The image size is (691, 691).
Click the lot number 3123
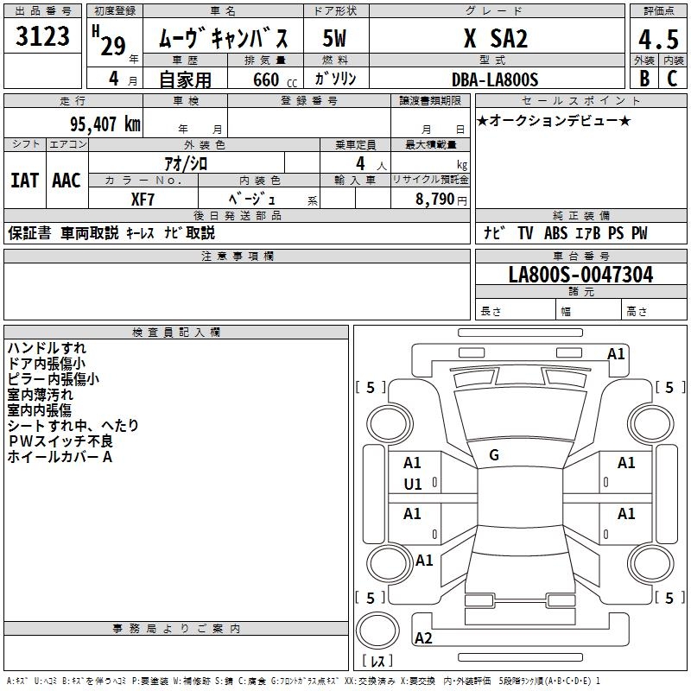click(42, 36)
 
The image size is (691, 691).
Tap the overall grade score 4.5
click(658, 39)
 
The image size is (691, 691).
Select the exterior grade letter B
click(644, 79)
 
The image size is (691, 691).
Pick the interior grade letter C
click(672, 79)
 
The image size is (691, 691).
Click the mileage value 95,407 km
click(105, 124)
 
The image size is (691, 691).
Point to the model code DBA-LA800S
click(495, 79)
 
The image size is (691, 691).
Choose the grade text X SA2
click(495, 38)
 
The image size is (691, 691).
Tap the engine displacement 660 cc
click(275, 80)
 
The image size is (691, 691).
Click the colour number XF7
click(143, 200)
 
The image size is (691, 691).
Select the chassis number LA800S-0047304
click(580, 275)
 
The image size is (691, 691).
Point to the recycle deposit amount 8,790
click(434, 199)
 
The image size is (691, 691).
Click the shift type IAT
click(25, 181)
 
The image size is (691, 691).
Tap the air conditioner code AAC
click(67, 181)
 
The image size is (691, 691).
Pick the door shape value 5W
click(334, 38)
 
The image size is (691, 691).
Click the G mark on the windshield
click(494, 455)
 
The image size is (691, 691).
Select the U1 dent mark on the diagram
click(413, 485)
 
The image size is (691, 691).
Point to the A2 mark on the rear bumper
click(423, 638)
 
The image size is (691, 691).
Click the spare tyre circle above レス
click(377, 631)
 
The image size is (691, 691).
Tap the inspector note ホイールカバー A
click(60, 457)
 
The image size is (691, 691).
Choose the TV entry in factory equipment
click(525, 232)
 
